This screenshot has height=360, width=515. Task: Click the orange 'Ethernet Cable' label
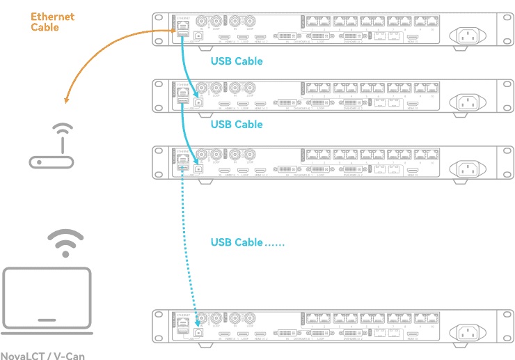tap(52, 22)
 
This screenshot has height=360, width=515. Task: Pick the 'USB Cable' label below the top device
tap(237, 61)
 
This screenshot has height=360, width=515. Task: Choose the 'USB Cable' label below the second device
tap(237, 125)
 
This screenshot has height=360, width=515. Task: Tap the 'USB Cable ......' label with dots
tap(247, 243)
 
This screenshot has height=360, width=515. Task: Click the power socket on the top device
tap(467, 36)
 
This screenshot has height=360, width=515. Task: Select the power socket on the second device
tap(467, 102)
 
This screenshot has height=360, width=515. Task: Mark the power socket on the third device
tap(467, 169)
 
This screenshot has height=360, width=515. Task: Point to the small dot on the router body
tap(40, 162)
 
